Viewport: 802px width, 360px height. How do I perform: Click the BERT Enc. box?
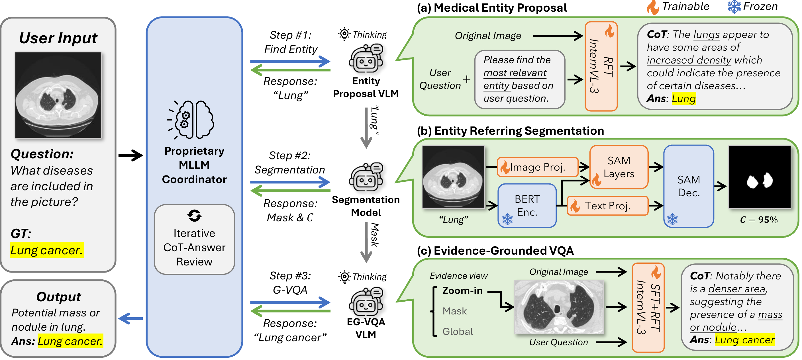527,205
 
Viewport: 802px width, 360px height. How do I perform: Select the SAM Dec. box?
688,186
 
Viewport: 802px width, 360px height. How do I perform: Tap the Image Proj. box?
537,167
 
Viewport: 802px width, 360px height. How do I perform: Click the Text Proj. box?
607,206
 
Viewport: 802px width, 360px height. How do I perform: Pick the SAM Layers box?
619,167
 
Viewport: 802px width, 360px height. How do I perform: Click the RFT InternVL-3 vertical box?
601,66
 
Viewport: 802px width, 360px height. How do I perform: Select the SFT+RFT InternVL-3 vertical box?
648,307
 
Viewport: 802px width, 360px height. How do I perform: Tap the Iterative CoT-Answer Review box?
194,240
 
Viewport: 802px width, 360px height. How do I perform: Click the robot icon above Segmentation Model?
366,177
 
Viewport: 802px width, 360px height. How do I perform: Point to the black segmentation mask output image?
759,177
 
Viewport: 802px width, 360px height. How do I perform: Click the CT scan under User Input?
58,95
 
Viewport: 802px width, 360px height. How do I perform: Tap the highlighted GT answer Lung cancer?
47,250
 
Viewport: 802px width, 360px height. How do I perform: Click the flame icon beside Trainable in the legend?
653,7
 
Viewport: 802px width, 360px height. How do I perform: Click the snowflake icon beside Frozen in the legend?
734,7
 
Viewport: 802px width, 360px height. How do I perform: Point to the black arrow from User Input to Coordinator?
130,155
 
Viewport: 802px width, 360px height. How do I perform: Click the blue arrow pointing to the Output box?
130,318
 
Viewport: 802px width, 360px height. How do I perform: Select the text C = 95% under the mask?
759,220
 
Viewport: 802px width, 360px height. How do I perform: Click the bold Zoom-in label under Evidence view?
462,291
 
